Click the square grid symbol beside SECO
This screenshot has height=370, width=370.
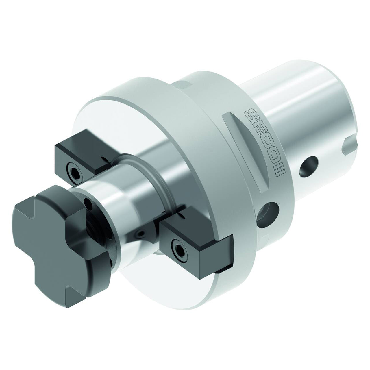tap(280, 169)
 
